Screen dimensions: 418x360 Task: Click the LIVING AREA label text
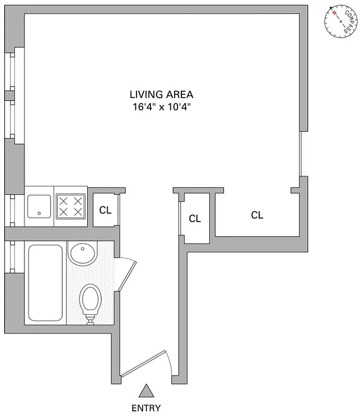[x=161, y=95]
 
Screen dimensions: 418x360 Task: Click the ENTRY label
[x=147, y=409]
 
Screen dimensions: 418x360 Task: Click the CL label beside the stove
[x=106, y=211]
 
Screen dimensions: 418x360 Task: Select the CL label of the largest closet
[x=257, y=215]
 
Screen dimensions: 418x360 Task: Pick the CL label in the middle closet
[x=195, y=219]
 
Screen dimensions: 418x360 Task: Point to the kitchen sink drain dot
[x=40, y=213]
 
